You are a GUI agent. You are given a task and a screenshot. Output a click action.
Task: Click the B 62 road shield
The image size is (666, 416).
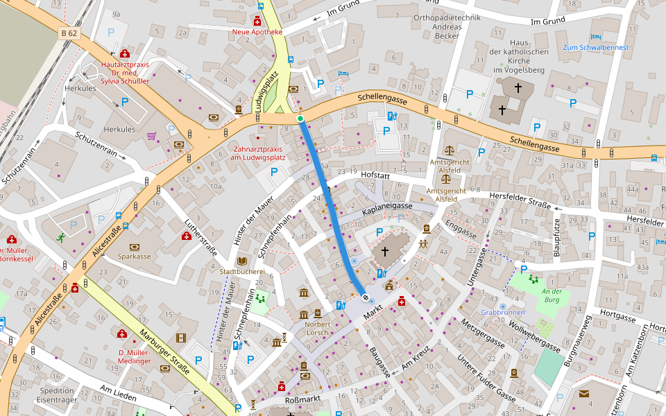69,33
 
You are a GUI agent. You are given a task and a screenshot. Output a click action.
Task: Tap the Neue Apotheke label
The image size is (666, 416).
257,32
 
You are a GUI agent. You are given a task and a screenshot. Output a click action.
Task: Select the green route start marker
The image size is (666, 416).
300,119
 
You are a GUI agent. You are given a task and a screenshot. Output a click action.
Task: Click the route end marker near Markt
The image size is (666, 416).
366,297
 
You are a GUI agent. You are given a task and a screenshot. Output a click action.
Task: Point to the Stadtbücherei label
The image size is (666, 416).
241,271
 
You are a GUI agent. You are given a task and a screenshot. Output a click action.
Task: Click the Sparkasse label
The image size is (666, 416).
134,256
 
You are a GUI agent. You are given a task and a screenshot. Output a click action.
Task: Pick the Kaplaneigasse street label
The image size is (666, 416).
387,207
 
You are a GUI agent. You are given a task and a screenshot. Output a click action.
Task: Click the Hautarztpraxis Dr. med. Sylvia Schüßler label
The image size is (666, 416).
125,72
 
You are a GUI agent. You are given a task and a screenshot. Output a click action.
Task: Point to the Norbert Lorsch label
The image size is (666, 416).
318,329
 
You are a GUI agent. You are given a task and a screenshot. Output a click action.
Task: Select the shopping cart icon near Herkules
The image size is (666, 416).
151,136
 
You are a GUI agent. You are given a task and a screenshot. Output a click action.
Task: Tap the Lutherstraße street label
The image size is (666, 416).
196,239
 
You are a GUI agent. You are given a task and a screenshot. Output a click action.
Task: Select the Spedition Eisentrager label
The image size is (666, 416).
57,395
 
